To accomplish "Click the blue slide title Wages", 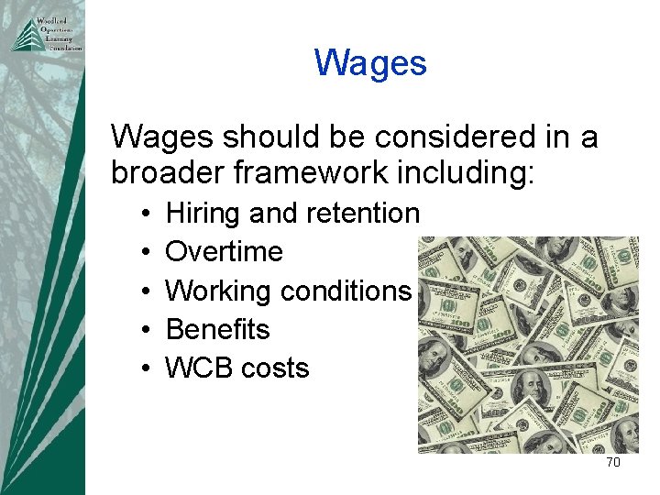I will [x=370, y=63].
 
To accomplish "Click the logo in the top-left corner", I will [x=46, y=34].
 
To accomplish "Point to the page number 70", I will [x=613, y=462].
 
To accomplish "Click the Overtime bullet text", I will [x=224, y=252].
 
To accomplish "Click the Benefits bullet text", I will [x=217, y=329].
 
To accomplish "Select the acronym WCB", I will [x=198, y=368].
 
